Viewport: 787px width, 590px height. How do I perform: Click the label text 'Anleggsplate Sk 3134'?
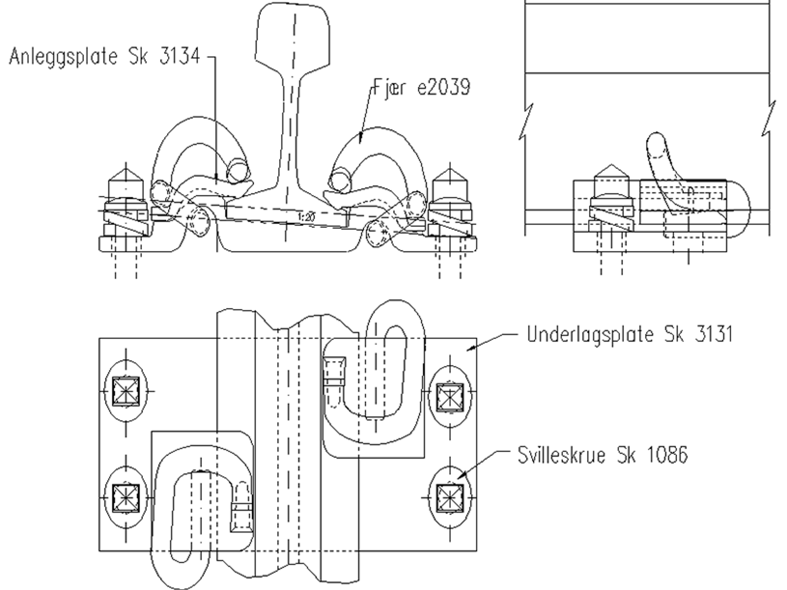104,57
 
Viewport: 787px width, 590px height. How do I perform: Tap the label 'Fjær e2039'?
421,87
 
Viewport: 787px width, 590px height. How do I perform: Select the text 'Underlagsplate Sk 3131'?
630,334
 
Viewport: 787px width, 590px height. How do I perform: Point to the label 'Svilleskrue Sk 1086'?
603,455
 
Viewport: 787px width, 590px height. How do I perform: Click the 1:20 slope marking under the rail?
306,217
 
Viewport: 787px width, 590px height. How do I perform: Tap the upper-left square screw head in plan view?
126,391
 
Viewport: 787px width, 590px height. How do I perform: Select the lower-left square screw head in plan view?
126,498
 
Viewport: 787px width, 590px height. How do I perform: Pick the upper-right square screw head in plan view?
450,397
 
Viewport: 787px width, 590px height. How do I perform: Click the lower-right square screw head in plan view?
450,498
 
